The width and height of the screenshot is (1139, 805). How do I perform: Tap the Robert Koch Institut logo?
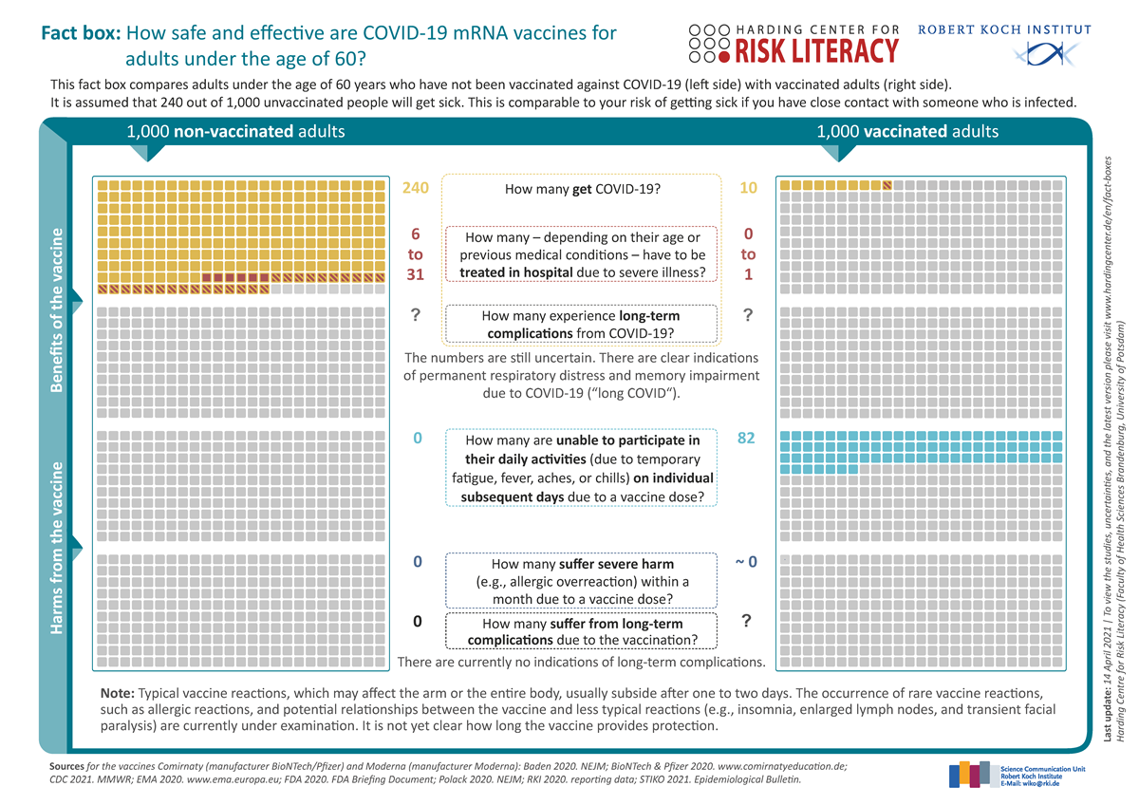pos(1004,43)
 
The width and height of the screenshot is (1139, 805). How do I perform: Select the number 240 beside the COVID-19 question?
pos(416,188)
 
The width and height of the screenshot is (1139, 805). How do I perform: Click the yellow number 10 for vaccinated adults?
pos(748,188)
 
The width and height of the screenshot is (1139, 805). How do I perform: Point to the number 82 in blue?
pos(748,440)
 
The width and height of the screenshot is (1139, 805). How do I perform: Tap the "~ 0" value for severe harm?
pos(747,563)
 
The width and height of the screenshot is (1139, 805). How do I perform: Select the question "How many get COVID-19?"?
pos(582,189)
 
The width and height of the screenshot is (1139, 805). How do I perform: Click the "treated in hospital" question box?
pos(582,254)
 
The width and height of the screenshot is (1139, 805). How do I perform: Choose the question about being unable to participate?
pos(582,468)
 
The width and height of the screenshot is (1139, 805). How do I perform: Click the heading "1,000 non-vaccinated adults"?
pos(235,132)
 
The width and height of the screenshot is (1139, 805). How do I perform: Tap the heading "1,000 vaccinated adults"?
pos(907,132)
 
